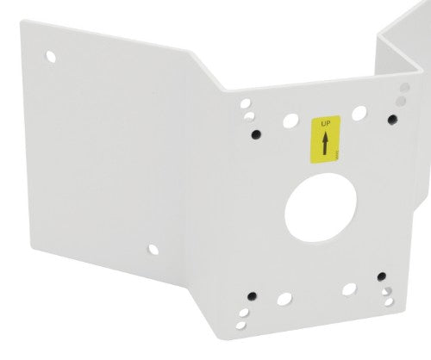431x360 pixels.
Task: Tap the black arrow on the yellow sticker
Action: coord(325,143)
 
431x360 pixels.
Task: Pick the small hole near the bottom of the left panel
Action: coord(153,250)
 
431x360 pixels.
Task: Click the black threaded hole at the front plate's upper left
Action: coord(255,133)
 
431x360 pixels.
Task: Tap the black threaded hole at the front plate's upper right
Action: coord(391,118)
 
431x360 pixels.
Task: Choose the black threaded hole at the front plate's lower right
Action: coord(380,277)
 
